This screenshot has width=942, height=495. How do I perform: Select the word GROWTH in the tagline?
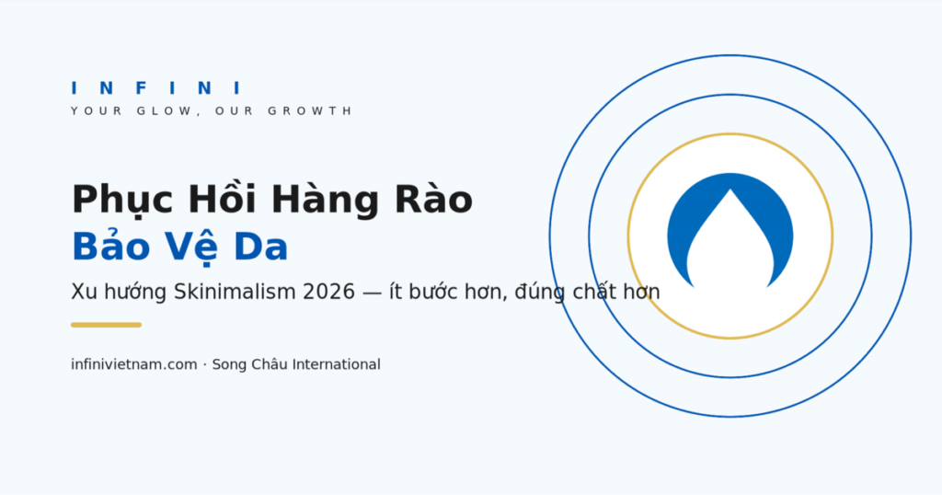[x=309, y=111]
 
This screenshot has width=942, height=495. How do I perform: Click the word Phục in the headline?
[x=122, y=201]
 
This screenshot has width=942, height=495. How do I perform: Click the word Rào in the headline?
[x=433, y=197]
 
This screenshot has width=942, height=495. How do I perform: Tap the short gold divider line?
[x=107, y=325]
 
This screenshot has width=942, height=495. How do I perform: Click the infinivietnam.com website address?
[x=134, y=364]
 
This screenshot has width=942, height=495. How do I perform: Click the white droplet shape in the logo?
[x=729, y=240]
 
